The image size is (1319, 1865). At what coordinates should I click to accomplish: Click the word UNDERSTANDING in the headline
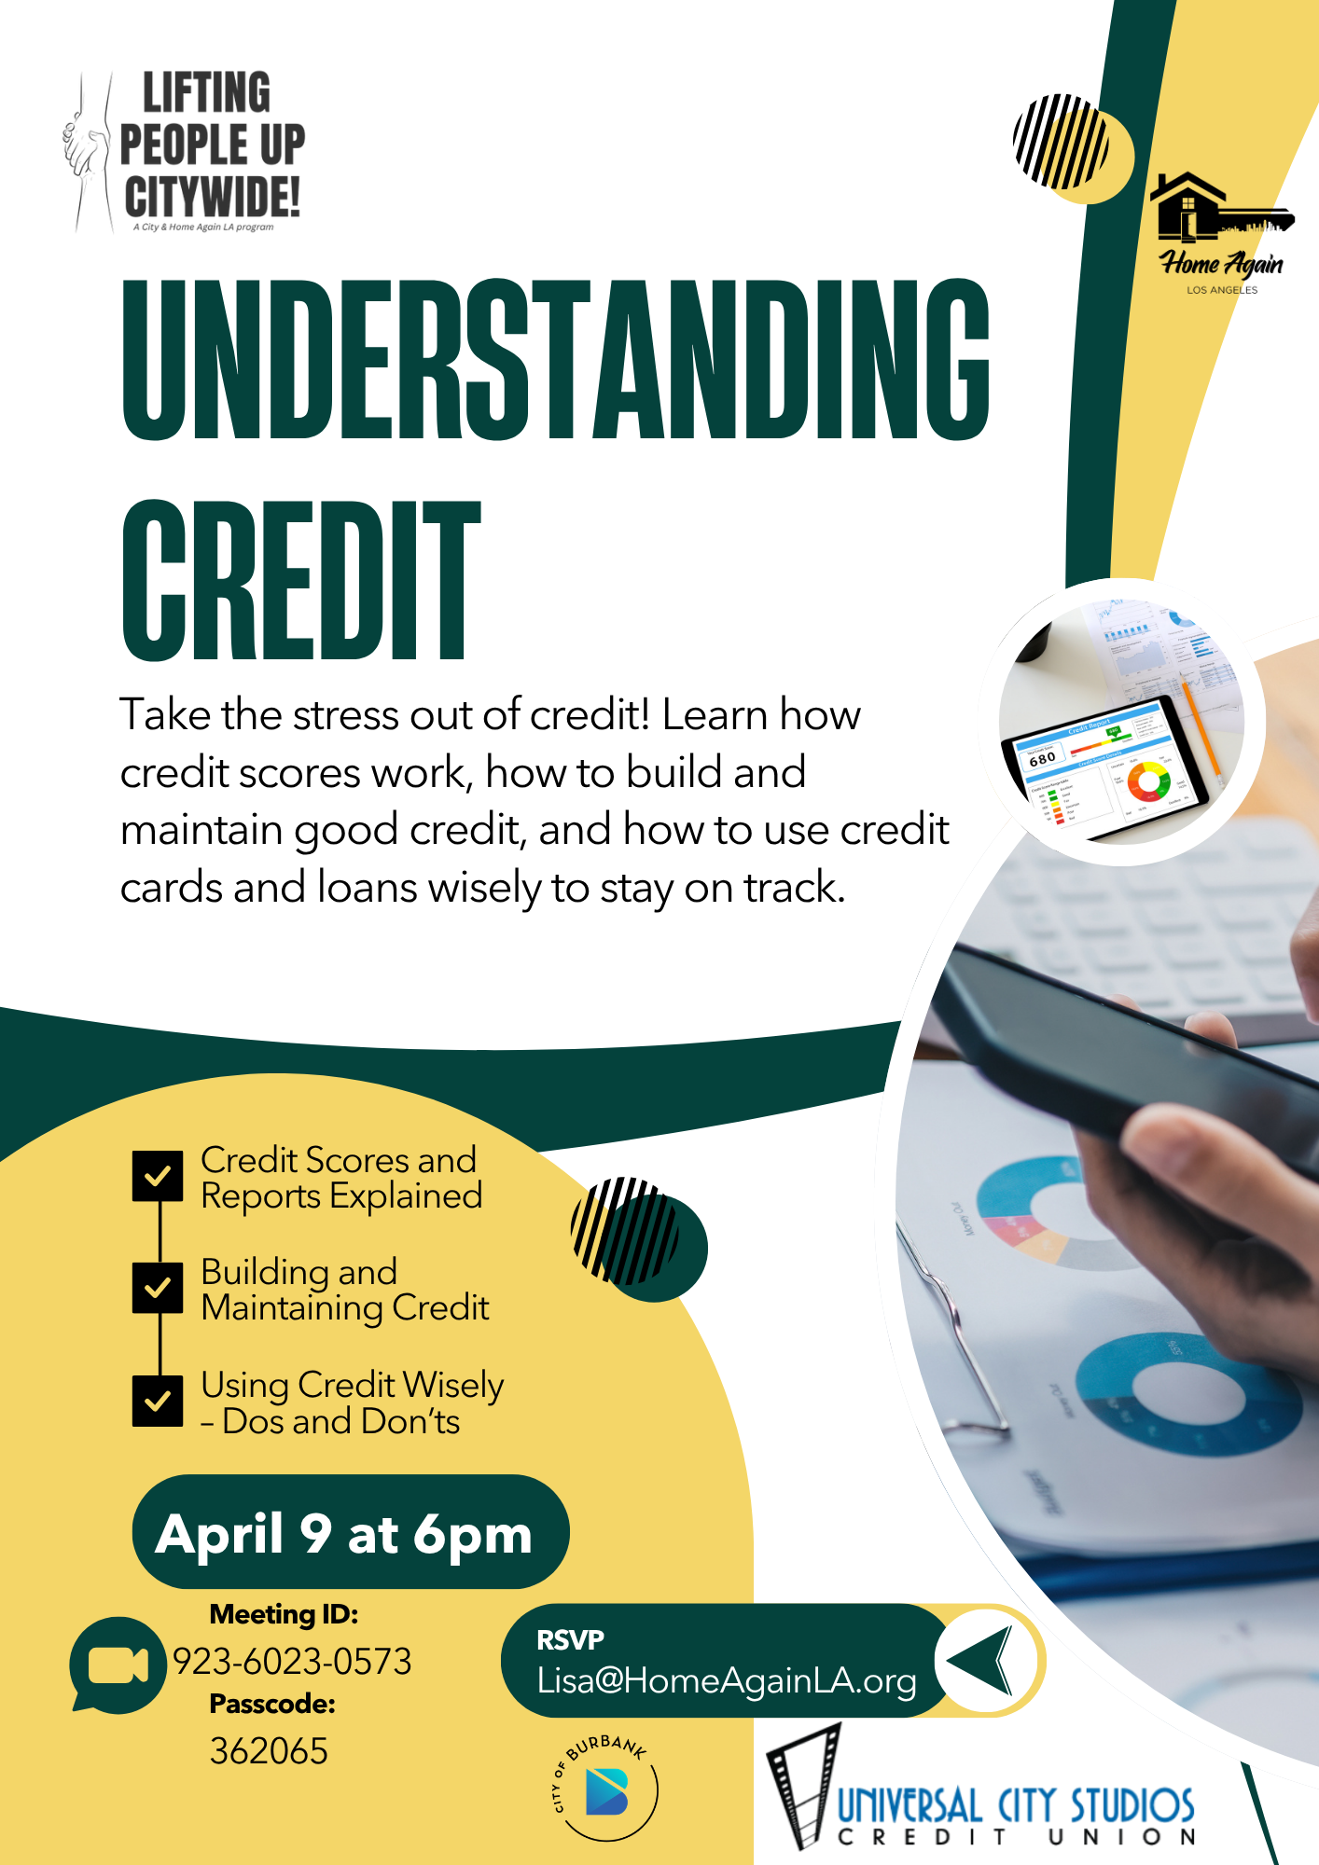click(x=556, y=360)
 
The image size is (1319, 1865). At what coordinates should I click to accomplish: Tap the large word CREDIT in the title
click(x=301, y=580)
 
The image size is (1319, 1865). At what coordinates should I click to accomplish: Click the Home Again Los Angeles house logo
click(x=1221, y=234)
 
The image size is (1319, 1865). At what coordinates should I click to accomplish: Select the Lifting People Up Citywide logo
click(x=184, y=151)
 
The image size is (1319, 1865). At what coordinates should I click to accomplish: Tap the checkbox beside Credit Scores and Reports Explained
click(x=158, y=1176)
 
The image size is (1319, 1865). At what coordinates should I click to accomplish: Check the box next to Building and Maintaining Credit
click(x=158, y=1288)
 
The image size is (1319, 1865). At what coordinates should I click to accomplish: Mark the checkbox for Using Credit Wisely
click(x=158, y=1402)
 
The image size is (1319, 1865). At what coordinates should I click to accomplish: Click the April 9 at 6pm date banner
click(x=350, y=1532)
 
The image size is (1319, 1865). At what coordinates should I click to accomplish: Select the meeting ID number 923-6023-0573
click(x=292, y=1662)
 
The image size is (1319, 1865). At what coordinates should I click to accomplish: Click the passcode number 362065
click(x=269, y=1751)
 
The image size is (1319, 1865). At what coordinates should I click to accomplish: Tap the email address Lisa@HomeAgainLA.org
click(x=727, y=1680)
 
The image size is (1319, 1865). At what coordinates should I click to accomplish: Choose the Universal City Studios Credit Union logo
click(x=980, y=1791)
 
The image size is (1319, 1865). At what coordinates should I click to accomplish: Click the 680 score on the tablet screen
click(x=1042, y=759)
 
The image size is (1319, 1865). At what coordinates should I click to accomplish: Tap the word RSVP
click(x=570, y=1639)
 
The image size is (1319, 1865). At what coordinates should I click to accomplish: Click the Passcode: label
click(x=272, y=1705)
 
